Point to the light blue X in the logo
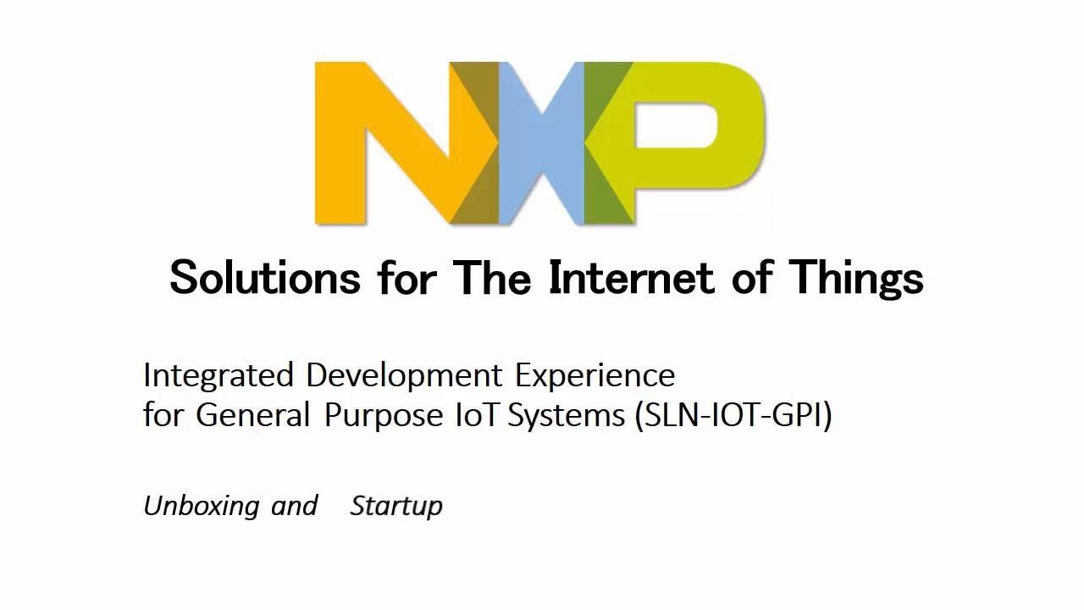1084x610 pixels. (x=542, y=142)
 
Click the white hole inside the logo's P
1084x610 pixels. (x=676, y=125)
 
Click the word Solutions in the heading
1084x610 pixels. (x=265, y=277)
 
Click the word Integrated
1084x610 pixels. (x=218, y=375)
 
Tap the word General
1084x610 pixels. (x=253, y=415)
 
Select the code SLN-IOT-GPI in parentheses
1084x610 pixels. (x=733, y=415)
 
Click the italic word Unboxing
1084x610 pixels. (x=201, y=507)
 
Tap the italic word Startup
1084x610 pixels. (x=396, y=507)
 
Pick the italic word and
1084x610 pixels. (x=294, y=506)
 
